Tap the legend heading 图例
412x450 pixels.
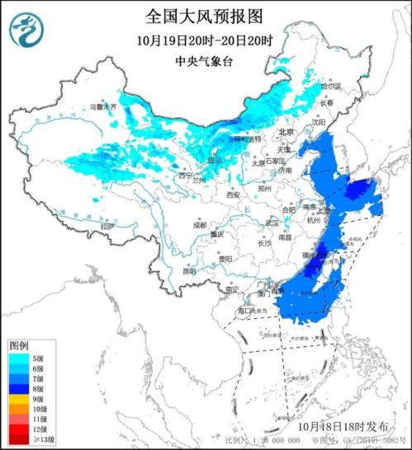coord(19,345)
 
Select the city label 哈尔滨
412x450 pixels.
coord(330,86)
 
